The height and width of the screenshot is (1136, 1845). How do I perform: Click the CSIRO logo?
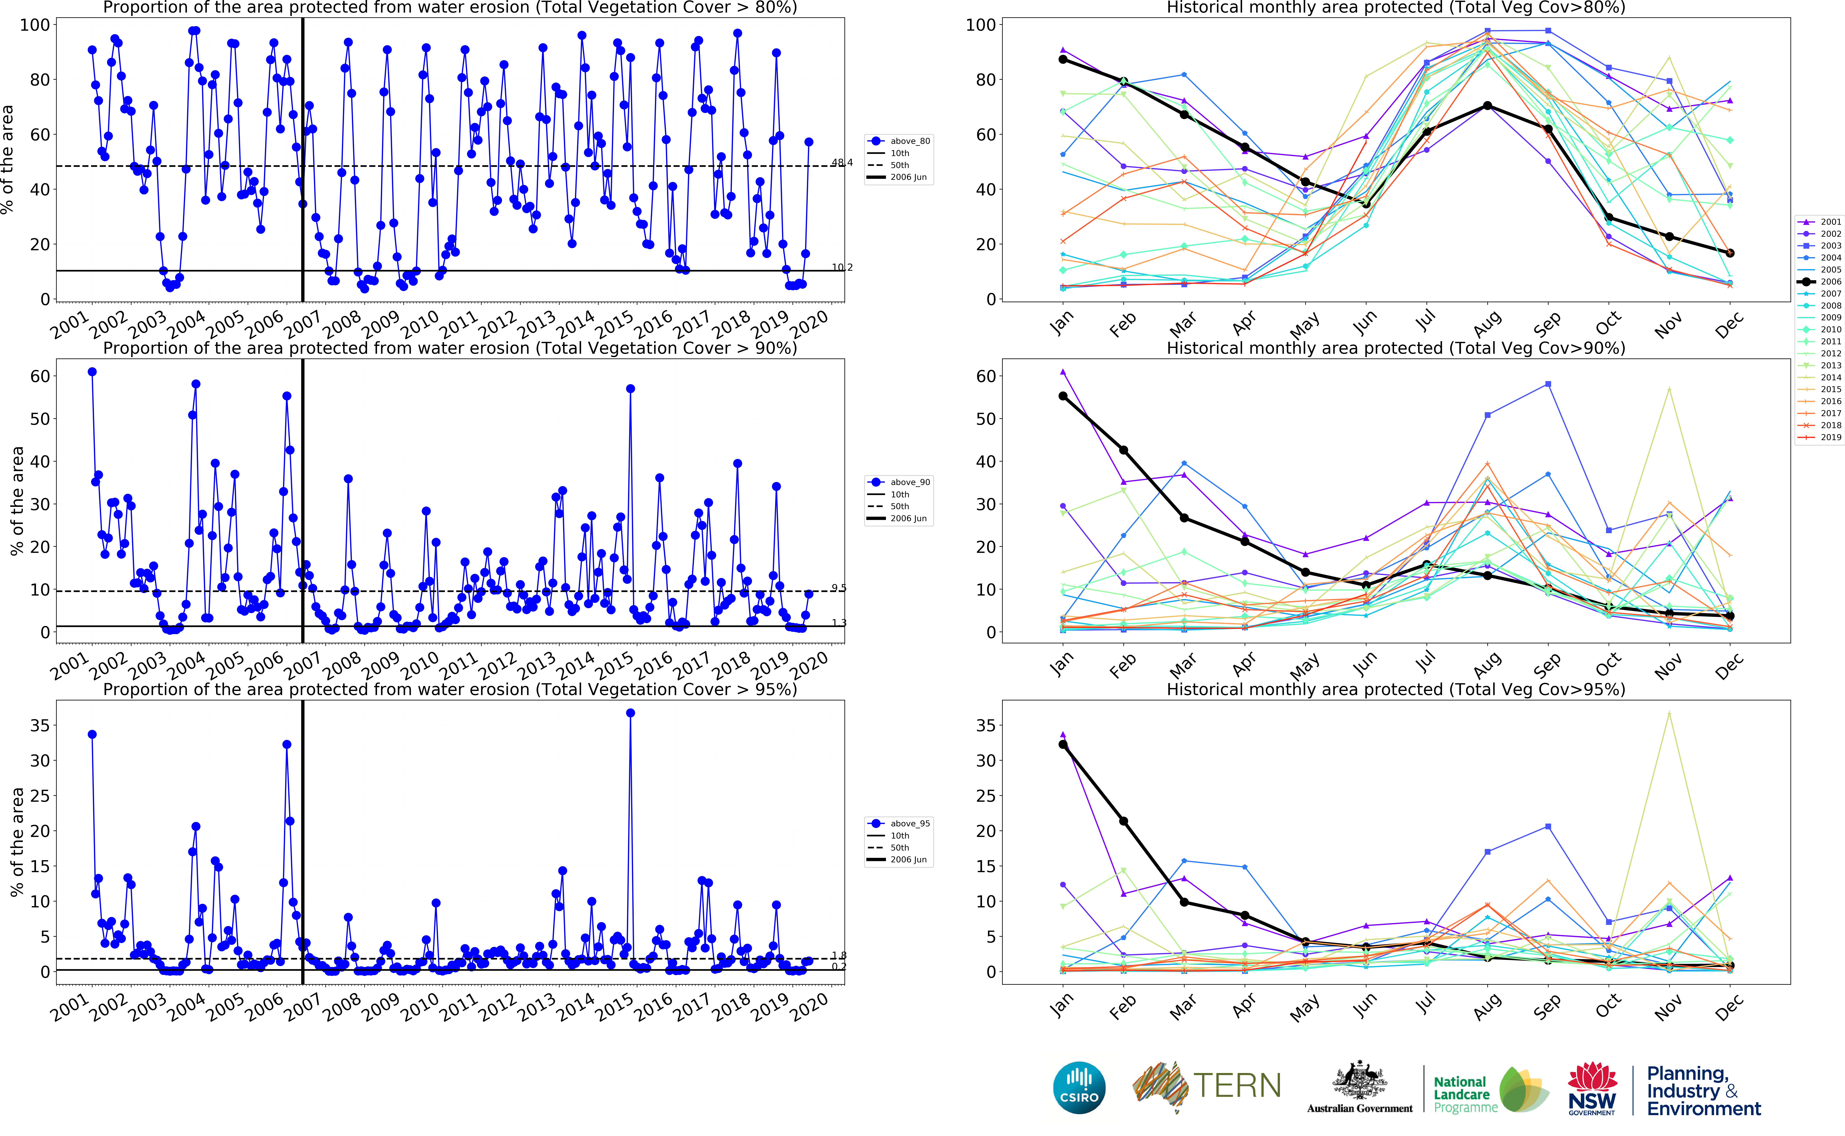click(x=1079, y=1087)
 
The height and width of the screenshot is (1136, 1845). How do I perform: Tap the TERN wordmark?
click(x=1237, y=1086)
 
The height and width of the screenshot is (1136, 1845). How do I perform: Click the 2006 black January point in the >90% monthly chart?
click(x=1063, y=396)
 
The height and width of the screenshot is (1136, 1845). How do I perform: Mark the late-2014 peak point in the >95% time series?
click(x=630, y=713)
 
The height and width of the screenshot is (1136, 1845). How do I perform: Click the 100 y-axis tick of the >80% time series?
click(x=35, y=25)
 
